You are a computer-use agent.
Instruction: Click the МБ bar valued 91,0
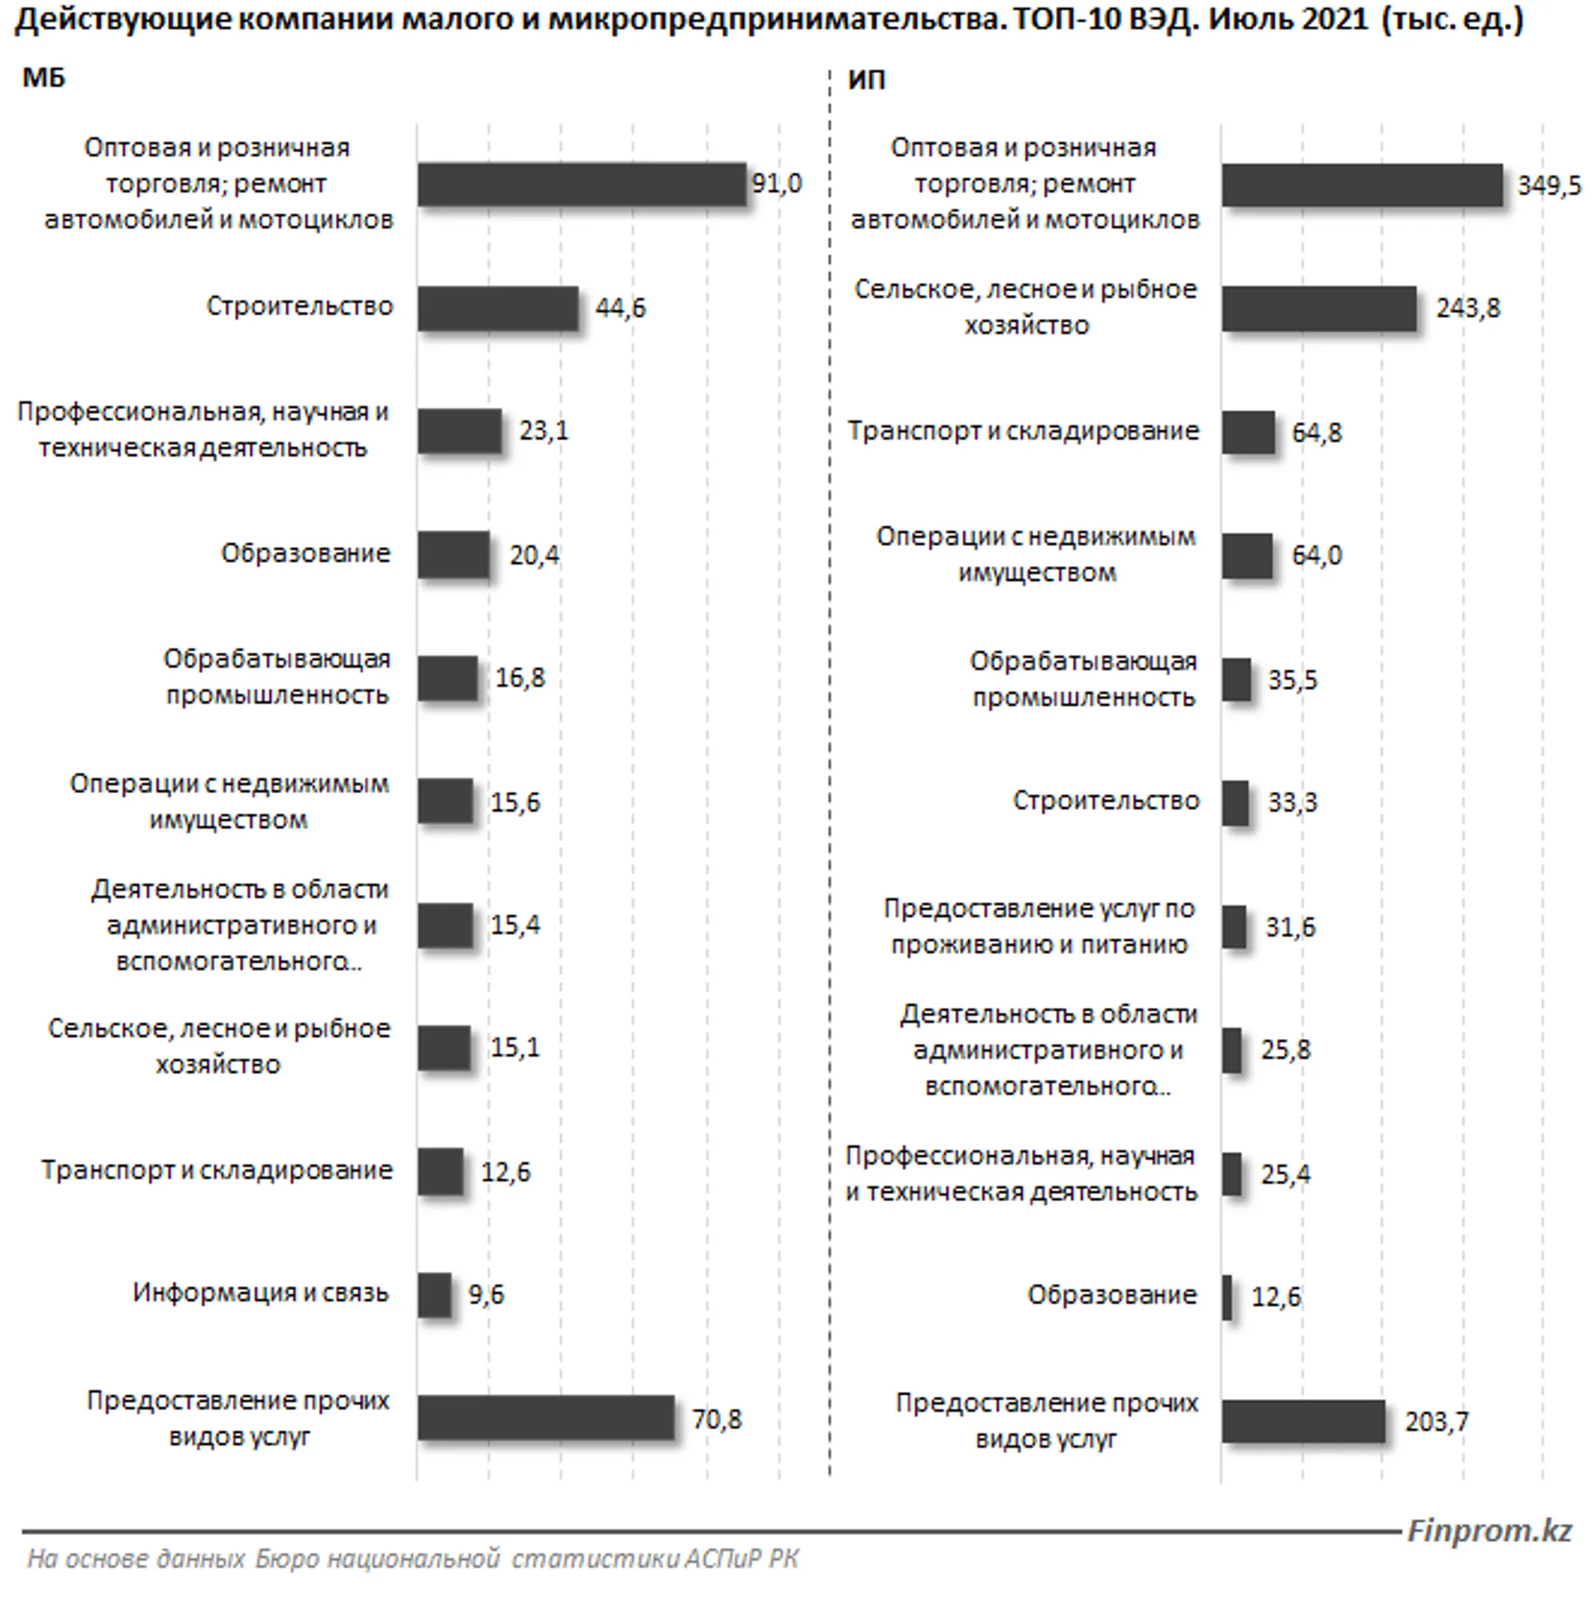coord(581,184)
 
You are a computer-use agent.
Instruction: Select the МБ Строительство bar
coord(497,308)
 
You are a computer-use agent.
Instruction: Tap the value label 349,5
coord(1548,185)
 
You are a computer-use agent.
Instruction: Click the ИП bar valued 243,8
coord(1319,308)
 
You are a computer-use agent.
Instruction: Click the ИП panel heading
coord(866,80)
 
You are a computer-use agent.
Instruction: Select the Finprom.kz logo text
coord(1489,1530)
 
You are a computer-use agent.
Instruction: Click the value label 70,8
coord(717,1420)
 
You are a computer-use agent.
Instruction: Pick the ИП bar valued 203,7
coord(1303,1421)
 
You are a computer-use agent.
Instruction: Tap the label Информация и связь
coord(261,1293)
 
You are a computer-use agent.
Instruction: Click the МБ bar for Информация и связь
coord(435,1294)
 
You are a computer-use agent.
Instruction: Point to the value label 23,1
coord(544,430)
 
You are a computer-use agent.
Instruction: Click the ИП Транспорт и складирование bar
coord(1248,432)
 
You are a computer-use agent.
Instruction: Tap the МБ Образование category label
coord(306,553)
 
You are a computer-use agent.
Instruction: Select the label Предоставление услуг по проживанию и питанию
coord(1040,926)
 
